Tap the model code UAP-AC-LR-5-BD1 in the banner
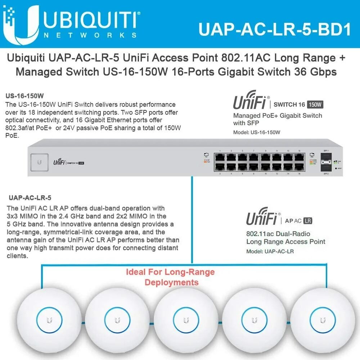click(x=274, y=30)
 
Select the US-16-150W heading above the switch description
click(x=25, y=96)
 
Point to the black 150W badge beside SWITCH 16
click(x=315, y=105)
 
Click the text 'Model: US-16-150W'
click(x=257, y=132)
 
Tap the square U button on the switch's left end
click(x=39, y=162)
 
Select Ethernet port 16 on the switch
click(x=299, y=167)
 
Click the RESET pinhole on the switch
click(x=335, y=168)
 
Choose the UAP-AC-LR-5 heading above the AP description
click(x=30, y=198)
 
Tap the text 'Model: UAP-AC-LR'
click(x=270, y=251)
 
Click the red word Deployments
click(x=171, y=282)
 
